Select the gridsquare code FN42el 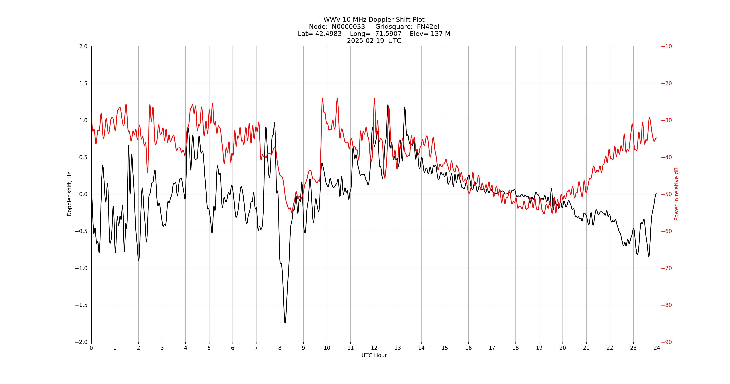(x=428, y=27)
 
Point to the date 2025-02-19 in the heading (x=366, y=41)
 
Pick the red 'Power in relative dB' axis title (x=676, y=194)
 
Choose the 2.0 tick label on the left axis (x=83, y=46)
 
